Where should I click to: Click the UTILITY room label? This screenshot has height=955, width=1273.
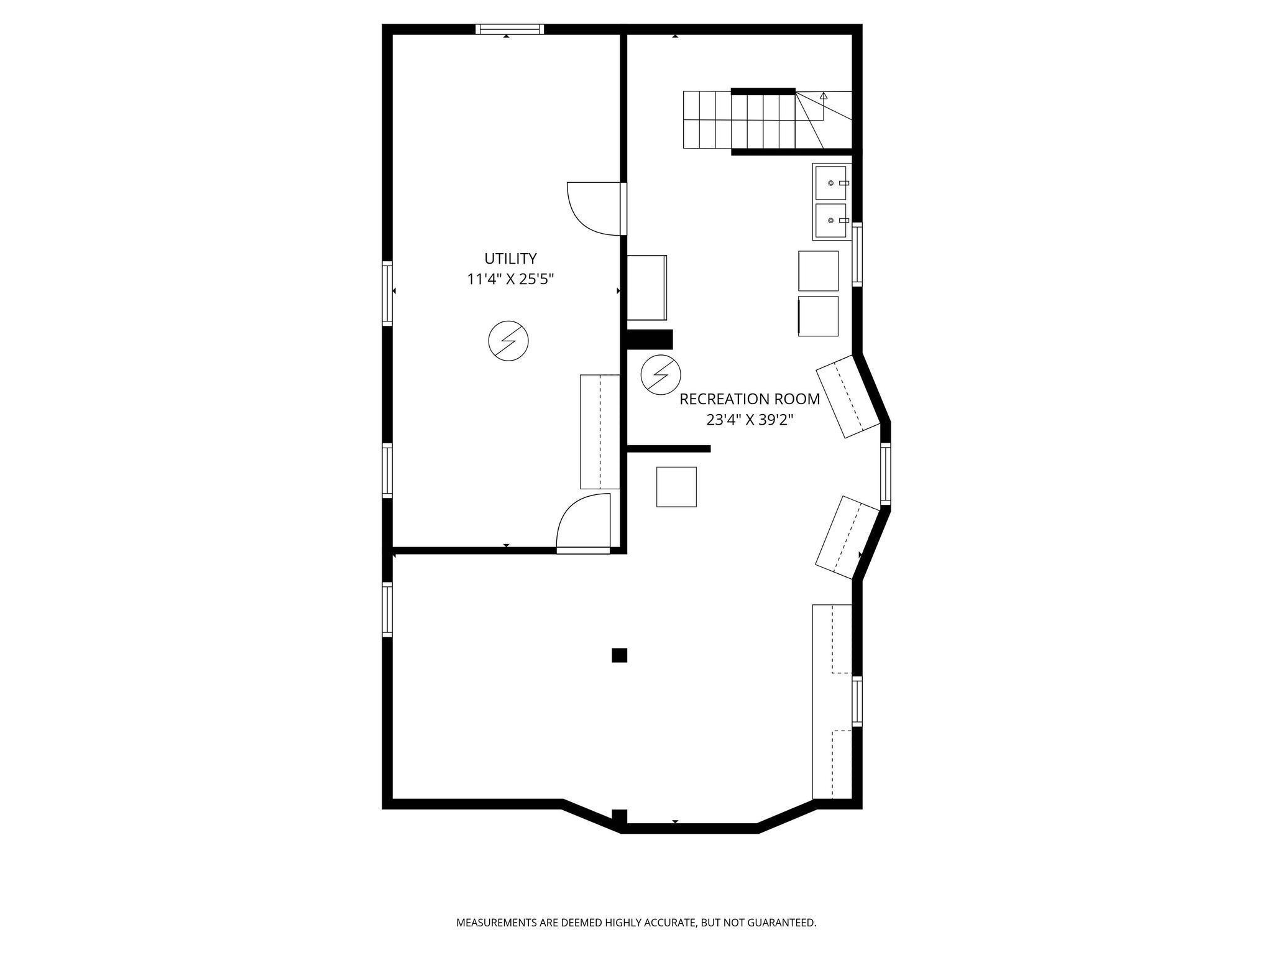pyautogui.click(x=510, y=259)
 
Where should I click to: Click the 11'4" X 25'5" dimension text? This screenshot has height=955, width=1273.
pyautogui.click(x=510, y=280)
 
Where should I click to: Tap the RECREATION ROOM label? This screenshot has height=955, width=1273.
pyautogui.click(x=749, y=399)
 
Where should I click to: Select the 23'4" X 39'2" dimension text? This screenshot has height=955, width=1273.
pyautogui.click(x=749, y=420)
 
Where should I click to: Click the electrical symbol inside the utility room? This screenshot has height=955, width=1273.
pyautogui.click(x=508, y=341)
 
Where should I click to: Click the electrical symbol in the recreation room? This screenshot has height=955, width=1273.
pyautogui.click(x=661, y=374)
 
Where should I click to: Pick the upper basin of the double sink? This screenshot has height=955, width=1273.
pyautogui.click(x=830, y=183)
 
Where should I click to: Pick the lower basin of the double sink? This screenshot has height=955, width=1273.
pyautogui.click(x=830, y=221)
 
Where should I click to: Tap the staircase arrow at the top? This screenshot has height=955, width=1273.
pyautogui.click(x=824, y=96)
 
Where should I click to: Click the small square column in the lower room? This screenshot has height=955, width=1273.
pyautogui.click(x=619, y=655)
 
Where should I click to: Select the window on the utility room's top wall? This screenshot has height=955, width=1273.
pyautogui.click(x=510, y=29)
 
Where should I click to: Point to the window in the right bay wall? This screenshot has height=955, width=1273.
pyautogui.click(x=885, y=473)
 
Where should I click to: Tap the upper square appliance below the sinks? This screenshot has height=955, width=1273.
pyautogui.click(x=818, y=270)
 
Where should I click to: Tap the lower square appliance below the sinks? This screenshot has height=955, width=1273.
pyautogui.click(x=818, y=316)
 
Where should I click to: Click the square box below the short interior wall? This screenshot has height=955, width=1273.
pyautogui.click(x=676, y=487)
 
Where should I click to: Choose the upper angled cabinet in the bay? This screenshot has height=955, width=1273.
pyautogui.click(x=848, y=396)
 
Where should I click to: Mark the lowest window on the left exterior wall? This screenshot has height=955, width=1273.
pyautogui.click(x=387, y=609)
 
